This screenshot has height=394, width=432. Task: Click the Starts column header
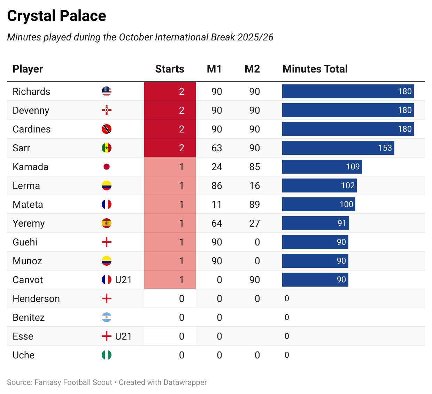[169, 69]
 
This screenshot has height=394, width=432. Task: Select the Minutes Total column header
[315, 69]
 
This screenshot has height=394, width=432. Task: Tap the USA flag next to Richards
[107, 91]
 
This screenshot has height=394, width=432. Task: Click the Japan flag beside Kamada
[107, 167]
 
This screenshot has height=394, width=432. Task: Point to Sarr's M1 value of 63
[216, 148]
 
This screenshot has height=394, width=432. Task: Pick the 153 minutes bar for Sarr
[338, 148]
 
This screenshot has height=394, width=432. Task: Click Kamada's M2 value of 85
[254, 167]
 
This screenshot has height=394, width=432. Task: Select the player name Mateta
[28, 204]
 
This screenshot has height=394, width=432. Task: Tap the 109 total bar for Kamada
[322, 167]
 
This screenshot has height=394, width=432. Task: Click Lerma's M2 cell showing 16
[254, 185]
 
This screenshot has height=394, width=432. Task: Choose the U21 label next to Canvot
[123, 280]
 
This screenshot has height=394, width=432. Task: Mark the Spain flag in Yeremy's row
[107, 223]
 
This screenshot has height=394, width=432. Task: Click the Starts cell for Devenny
[181, 110]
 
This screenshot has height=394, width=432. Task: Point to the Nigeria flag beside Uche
[107, 355]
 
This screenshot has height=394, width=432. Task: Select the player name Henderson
[36, 298]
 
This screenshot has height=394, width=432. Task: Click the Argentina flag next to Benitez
[107, 317]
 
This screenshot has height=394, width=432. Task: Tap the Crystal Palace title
[56, 16]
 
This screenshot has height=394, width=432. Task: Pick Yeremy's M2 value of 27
[254, 223]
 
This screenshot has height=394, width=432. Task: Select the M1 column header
[214, 69]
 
